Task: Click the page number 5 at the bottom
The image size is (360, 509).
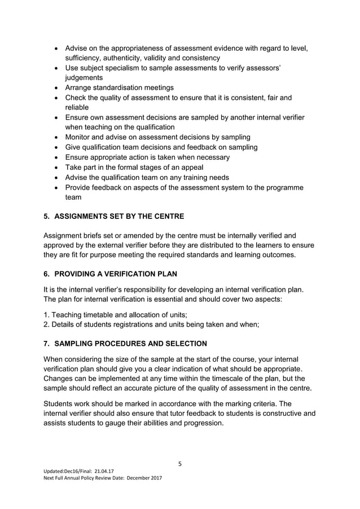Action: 179,464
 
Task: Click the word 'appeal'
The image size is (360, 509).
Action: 190,167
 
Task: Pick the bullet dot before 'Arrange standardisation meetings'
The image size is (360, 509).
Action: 56,88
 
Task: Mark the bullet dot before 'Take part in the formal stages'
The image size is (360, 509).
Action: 56,168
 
